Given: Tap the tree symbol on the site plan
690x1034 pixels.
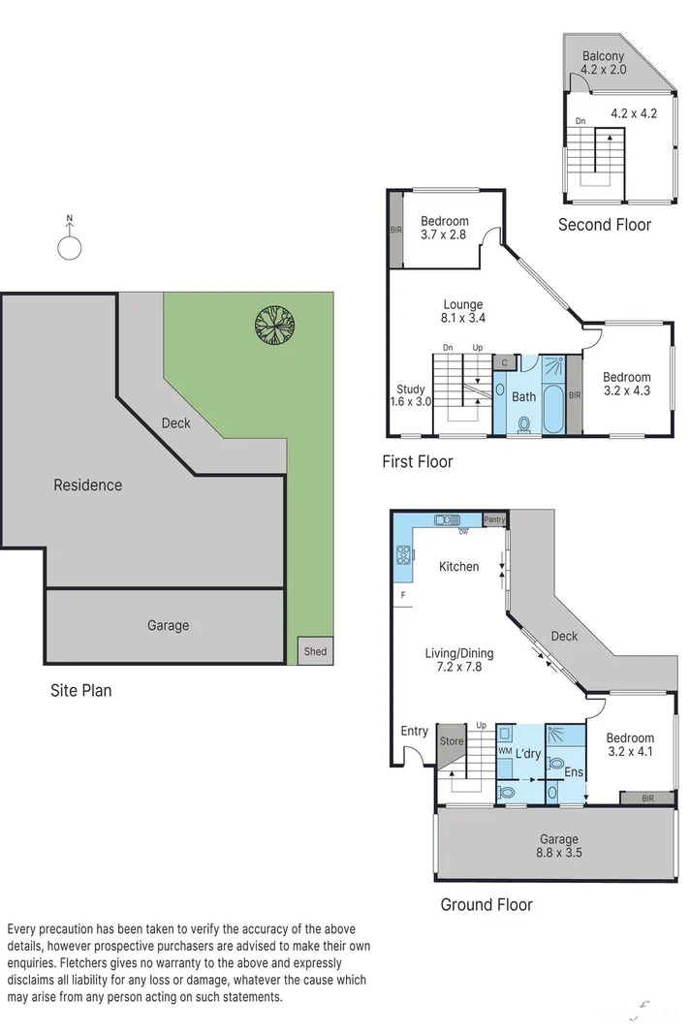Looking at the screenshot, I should (274, 326).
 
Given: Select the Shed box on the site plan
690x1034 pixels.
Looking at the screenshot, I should (315, 651).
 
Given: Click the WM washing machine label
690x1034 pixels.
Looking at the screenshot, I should (504, 751).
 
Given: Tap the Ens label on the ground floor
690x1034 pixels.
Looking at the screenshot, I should (573, 772).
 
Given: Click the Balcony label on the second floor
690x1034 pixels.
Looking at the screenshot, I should (603, 56).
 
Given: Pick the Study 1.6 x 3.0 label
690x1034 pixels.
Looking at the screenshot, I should (411, 395).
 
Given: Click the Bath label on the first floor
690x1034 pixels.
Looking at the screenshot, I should (523, 396).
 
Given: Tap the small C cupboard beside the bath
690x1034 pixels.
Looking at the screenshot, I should (503, 362).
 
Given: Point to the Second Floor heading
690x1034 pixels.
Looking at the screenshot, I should (604, 225).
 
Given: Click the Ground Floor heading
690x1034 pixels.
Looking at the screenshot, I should (486, 904).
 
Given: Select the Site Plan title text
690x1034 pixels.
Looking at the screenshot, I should (80, 691).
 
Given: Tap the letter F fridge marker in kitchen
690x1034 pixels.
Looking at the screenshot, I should (401, 594).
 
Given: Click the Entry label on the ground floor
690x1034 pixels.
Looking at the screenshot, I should (414, 731).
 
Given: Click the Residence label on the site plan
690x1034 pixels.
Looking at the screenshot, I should (87, 485).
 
